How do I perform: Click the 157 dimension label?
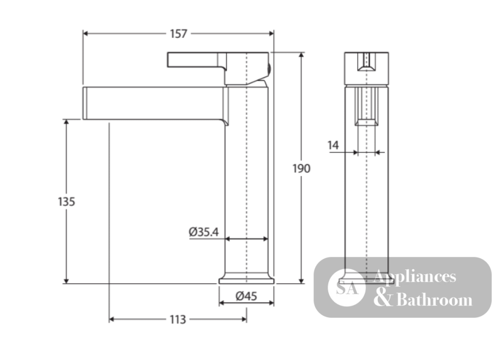(x=179, y=33)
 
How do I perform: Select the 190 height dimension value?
(x=302, y=169)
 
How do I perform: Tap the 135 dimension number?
(x=66, y=202)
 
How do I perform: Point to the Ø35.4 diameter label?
(x=204, y=232)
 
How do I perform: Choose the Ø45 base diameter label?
(x=246, y=296)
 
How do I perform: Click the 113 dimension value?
(x=178, y=320)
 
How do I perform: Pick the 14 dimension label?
(x=333, y=145)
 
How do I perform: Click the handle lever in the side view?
(x=197, y=60)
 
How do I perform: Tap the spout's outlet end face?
(x=85, y=103)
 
